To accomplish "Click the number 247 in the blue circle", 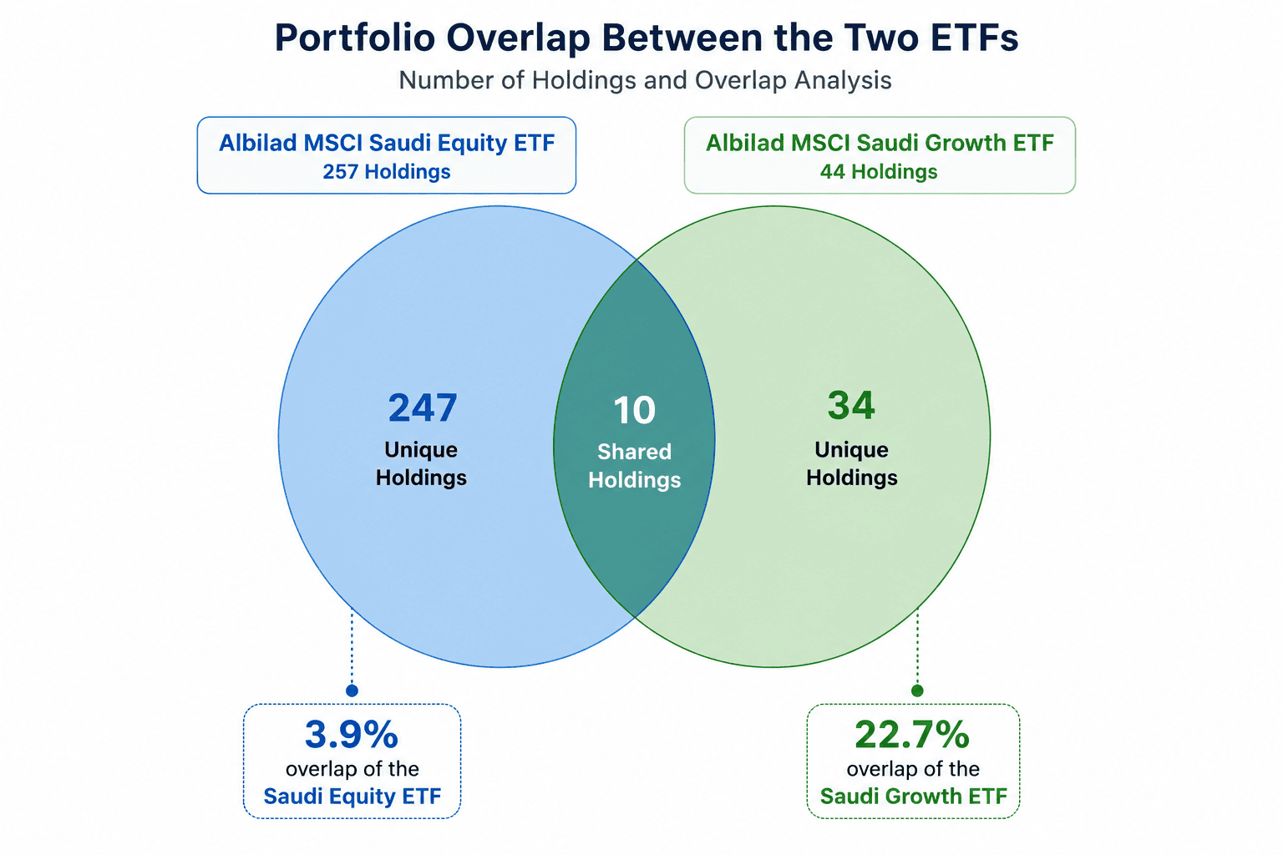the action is coord(423,407).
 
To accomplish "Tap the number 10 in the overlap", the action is coord(634,410).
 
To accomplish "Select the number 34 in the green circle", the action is coord(851,405).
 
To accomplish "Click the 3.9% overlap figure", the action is coord(351,734).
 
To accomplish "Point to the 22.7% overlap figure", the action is coord(912,734).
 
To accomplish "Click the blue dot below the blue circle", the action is coord(352,691).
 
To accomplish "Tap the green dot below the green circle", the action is coord(918,690).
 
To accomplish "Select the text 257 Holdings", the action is coord(387,172).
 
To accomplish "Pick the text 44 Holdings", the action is coord(879,172).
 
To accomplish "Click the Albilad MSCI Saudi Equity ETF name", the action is coord(387,143).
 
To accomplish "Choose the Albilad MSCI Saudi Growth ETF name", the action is coord(880,143).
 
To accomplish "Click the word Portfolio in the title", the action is coord(355,38).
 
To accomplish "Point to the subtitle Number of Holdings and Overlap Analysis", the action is coord(645,80).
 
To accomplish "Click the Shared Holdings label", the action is coord(635,466).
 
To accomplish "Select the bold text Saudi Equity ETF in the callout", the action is coord(352,796).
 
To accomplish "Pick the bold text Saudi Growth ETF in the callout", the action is coord(913,796).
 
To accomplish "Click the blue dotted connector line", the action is coord(352,647).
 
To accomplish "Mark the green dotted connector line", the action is coord(918,647).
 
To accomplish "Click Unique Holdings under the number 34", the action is coord(852,463).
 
